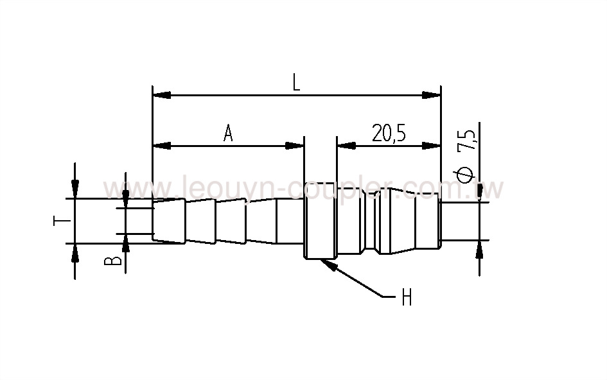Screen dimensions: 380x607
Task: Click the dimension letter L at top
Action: [x=296, y=82]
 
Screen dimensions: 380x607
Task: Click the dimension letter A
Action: [x=228, y=133]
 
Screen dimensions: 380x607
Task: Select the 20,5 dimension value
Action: [x=392, y=133]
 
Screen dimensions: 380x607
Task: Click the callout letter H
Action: [x=406, y=298]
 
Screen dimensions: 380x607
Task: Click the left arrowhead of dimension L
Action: [x=161, y=95]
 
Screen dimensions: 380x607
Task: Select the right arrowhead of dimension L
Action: [x=432, y=95]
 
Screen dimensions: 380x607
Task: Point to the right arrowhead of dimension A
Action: [x=295, y=146]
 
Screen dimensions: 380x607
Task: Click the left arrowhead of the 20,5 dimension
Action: [x=346, y=146]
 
